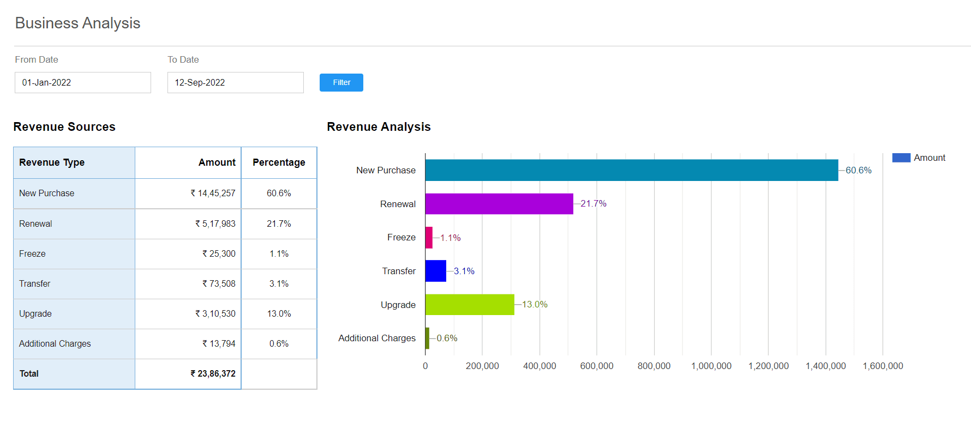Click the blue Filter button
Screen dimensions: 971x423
click(x=341, y=82)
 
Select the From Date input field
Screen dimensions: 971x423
click(x=83, y=82)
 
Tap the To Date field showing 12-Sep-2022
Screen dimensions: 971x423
click(x=236, y=82)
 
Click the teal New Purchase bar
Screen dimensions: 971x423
click(x=632, y=170)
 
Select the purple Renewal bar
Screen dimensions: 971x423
click(x=499, y=204)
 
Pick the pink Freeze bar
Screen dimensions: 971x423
click(x=429, y=238)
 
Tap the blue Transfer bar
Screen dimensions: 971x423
click(x=436, y=271)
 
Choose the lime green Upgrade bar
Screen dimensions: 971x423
click(x=470, y=305)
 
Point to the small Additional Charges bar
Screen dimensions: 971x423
click(x=427, y=338)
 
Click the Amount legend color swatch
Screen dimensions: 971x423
click(x=901, y=158)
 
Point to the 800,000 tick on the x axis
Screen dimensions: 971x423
click(x=654, y=366)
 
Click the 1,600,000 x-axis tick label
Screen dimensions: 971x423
click(x=883, y=366)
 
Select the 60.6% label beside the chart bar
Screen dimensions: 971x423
click(x=859, y=170)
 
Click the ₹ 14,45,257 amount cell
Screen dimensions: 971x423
click(x=213, y=193)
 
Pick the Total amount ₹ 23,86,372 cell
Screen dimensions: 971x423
click(x=213, y=373)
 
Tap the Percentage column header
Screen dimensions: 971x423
click(x=279, y=162)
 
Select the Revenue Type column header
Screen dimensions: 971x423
click(x=52, y=162)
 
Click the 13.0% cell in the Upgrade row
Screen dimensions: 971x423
click(x=279, y=313)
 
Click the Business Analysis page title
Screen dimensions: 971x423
click(x=78, y=23)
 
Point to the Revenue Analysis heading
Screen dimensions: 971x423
click(x=379, y=126)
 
